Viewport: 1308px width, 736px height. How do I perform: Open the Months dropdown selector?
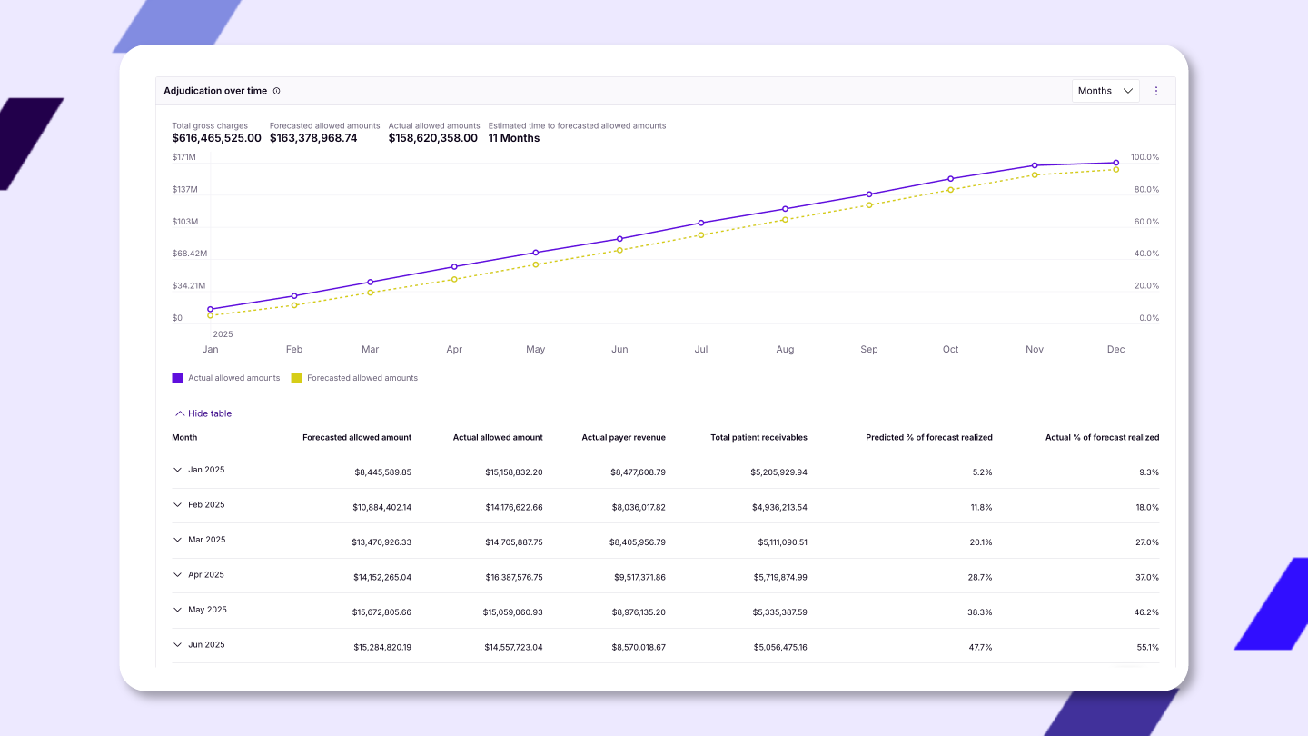pos(1105,91)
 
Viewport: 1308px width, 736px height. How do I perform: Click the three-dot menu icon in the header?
pos(1156,91)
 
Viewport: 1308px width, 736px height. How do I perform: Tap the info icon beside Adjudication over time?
pos(277,91)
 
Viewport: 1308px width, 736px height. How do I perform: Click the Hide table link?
pos(203,413)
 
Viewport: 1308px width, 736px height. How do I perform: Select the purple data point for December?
pos(1115,163)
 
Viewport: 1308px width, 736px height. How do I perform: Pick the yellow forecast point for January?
pos(210,315)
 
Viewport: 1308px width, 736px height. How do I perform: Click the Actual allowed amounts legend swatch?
pos(177,378)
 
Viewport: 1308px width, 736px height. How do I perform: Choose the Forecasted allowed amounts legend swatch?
pos(297,378)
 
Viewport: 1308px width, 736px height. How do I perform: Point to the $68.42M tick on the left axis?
pos(190,254)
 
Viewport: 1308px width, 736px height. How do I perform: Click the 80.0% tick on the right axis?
pos(1146,189)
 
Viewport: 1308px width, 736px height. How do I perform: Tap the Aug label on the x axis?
pos(785,349)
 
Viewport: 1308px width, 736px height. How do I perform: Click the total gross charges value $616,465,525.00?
pos(216,138)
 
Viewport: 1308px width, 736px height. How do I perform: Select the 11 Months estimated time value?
pos(514,138)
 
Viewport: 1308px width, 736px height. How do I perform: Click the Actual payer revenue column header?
pos(624,438)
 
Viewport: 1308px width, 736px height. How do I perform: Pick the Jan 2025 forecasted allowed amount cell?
pos(383,472)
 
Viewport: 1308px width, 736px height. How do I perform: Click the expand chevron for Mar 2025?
pos(177,540)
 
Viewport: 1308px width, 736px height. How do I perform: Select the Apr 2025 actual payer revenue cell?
pos(639,577)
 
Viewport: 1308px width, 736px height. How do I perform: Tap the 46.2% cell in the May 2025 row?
pos(1146,612)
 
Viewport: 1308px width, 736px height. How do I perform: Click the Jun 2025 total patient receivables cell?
pos(780,647)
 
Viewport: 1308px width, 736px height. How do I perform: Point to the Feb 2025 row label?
pos(206,504)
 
